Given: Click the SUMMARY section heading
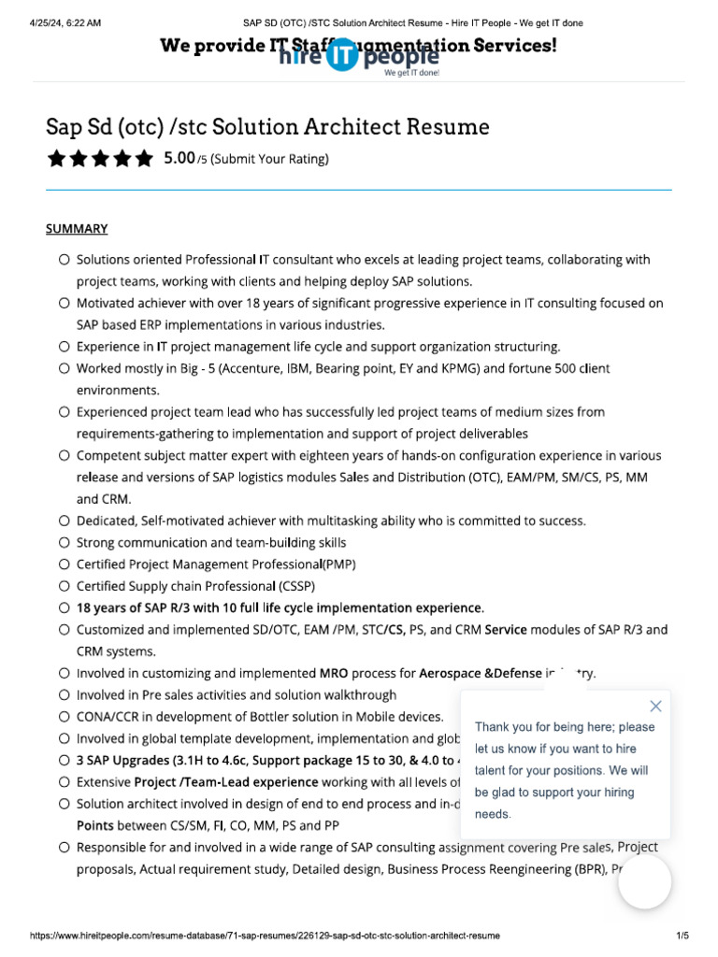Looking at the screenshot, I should click(x=77, y=228).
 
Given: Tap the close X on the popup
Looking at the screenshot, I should click(x=655, y=706).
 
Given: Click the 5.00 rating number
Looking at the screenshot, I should click(x=179, y=158).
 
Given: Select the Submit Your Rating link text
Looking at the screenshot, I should click(x=269, y=159).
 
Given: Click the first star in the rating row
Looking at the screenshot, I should click(x=56, y=158).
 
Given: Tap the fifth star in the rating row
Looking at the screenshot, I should click(x=143, y=158).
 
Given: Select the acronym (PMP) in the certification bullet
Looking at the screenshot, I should click(x=338, y=564).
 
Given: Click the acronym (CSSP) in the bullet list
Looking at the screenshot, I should click(x=295, y=586).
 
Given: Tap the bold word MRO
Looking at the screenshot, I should click(x=334, y=673).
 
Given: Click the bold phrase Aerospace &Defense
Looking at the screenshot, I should click(x=480, y=673).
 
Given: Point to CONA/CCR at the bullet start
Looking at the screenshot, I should click(x=112, y=717).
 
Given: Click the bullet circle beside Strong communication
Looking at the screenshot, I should click(x=64, y=542).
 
